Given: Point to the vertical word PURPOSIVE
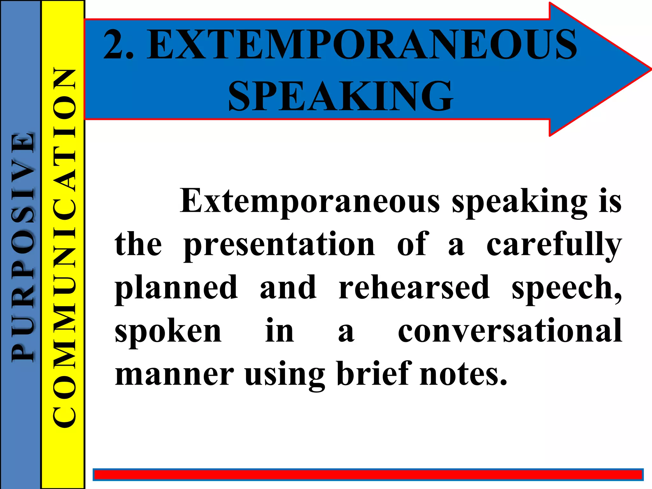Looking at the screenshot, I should click(x=22, y=247).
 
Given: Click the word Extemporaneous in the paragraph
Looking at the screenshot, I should click(x=310, y=201).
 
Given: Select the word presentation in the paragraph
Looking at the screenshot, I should click(x=280, y=244).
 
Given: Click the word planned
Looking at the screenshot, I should click(x=176, y=287).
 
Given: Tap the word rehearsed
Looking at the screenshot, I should click(x=414, y=287).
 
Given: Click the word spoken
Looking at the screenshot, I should click(x=168, y=331).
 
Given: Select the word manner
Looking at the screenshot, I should click(x=174, y=374).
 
